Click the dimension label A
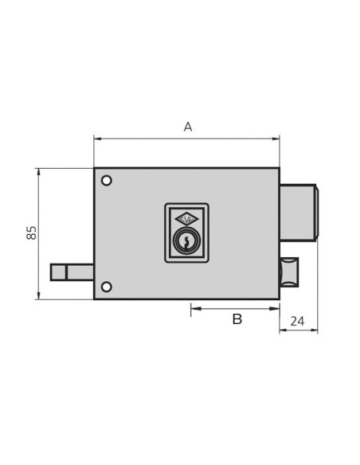pos(188,127)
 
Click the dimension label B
pos(237,319)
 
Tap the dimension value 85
pos(32,232)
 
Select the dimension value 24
pos(297,322)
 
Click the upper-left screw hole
pos(107,181)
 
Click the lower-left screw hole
pos(107,287)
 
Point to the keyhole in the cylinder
pos(186,240)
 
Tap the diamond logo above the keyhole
pos(186,219)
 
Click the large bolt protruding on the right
pos(298,213)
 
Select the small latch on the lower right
pos(288,272)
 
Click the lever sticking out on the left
pos(72,272)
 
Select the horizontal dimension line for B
pos(235,308)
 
